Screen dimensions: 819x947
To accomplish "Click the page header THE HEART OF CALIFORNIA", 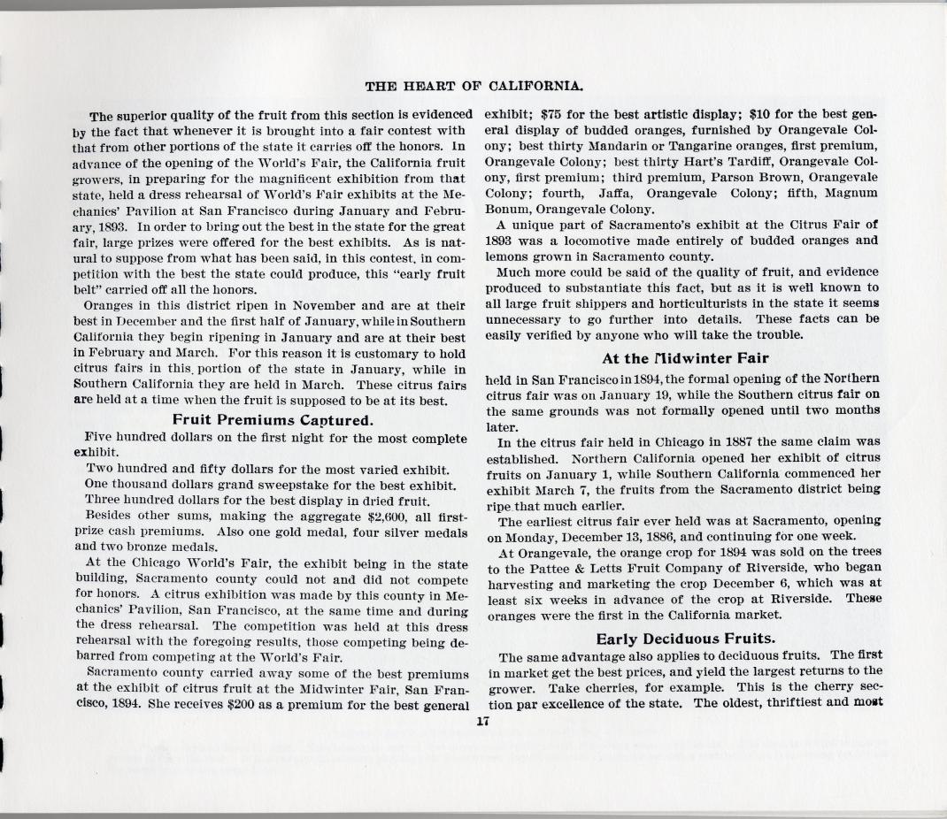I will pyautogui.click(x=473, y=86).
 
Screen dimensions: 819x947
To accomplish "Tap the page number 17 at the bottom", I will pyautogui.click(x=482, y=721).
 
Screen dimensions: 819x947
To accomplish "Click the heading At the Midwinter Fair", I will pyautogui.click(x=685, y=358).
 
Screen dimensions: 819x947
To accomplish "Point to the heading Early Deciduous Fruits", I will pyautogui.click(x=685, y=639).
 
